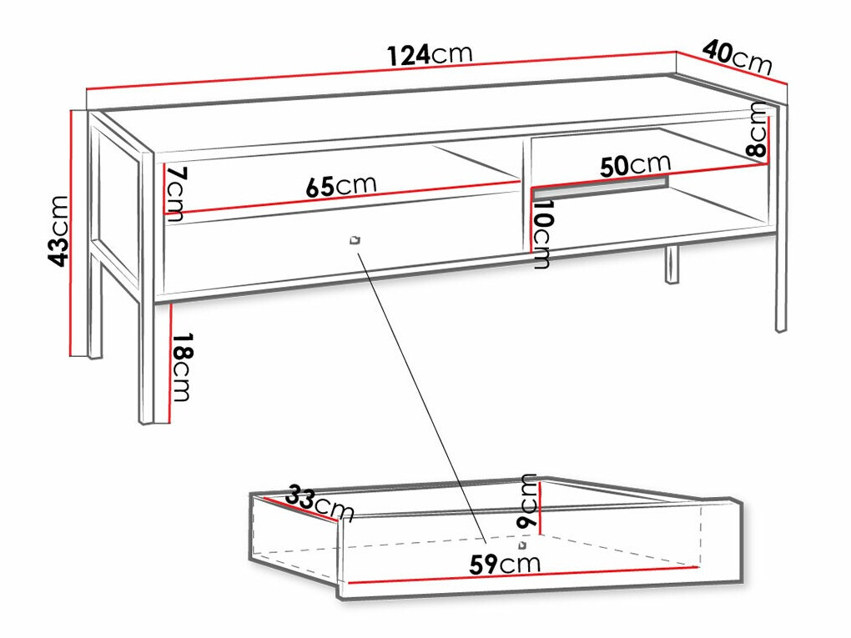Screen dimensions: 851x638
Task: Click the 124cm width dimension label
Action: tap(430, 54)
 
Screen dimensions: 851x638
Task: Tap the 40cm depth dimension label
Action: tap(738, 57)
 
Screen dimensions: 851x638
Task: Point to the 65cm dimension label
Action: tap(341, 186)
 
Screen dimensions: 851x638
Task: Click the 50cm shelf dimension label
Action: tap(635, 165)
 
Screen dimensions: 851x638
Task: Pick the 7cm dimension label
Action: tap(176, 193)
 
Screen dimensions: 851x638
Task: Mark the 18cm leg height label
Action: tap(181, 367)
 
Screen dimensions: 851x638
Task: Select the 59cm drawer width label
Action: tap(505, 565)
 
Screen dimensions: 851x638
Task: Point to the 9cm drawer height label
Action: tap(527, 500)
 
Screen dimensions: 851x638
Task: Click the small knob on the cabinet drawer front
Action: tap(355, 240)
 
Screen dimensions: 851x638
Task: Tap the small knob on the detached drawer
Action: tap(522, 545)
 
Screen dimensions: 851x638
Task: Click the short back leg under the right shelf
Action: tap(672, 265)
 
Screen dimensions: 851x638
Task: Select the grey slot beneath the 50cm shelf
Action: tap(600, 187)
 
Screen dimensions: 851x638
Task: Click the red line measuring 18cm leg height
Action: tap(171, 364)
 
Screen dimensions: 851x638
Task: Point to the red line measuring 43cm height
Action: tap(71, 234)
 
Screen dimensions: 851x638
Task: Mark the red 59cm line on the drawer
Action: tap(523, 575)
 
